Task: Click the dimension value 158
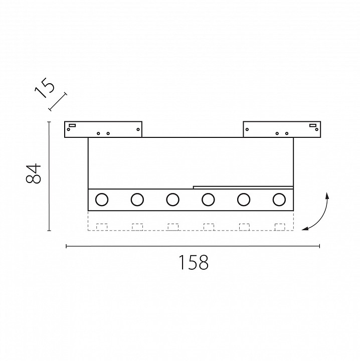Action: [x=193, y=263]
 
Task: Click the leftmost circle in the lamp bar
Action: [x=102, y=200]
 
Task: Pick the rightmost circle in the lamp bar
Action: [x=279, y=200]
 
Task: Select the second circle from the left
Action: [x=137, y=200]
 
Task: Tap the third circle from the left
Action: [x=172, y=200]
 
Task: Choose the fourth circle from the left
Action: [x=208, y=200]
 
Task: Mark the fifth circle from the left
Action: [x=244, y=200]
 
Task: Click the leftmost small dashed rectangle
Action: [x=102, y=227]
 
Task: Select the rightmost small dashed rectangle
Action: [x=280, y=227]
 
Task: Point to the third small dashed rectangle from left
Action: [x=173, y=227]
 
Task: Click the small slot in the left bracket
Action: [x=72, y=125]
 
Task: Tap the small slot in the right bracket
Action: [x=312, y=125]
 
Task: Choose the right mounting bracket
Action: [x=281, y=129]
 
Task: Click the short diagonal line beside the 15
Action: [x=58, y=102]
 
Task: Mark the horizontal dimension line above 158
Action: [x=193, y=246]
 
